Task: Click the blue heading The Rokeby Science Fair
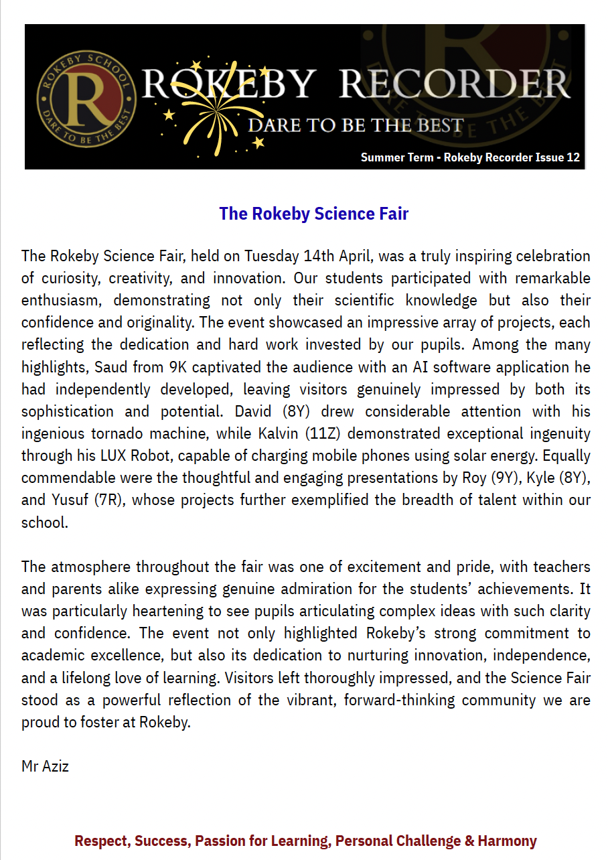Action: pos(313,214)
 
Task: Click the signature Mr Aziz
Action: pos(45,766)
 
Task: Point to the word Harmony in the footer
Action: pos(507,841)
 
